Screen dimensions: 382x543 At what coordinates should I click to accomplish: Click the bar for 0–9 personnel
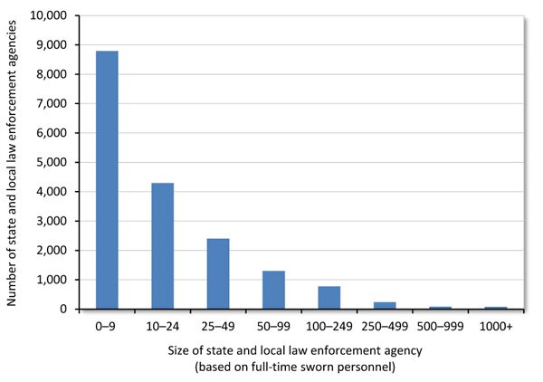107,180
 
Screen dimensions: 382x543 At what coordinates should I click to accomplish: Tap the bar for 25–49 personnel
218,273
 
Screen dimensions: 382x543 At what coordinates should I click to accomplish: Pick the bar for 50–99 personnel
273,290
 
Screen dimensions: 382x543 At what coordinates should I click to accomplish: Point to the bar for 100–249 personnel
329,298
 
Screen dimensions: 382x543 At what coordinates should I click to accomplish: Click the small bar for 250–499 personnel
385,305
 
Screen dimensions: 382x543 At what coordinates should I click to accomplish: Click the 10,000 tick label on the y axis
47,15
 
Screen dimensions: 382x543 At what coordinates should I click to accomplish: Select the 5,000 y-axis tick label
51,162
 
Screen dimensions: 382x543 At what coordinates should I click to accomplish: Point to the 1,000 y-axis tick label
51,280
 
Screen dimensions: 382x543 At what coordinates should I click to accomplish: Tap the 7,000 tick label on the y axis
51,103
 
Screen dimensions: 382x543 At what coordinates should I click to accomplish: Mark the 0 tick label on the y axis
64,309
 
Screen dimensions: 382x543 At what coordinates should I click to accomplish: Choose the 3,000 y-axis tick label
51,221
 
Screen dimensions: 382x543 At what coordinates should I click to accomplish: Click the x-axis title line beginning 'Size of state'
301,349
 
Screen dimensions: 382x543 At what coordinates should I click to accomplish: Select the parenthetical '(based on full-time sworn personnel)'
301,366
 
